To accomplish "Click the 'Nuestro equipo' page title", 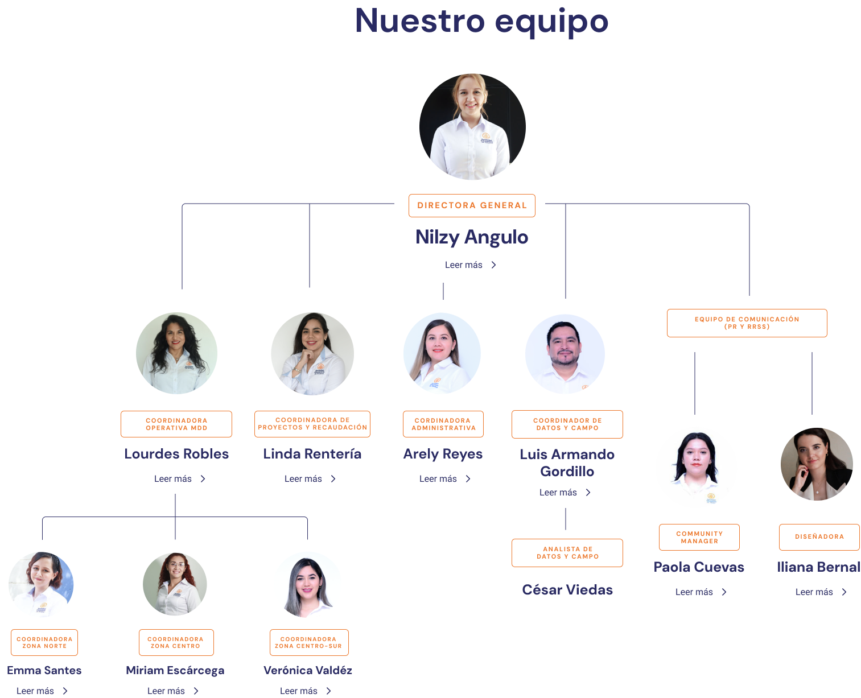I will (x=481, y=22).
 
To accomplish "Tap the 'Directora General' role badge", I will (x=472, y=205).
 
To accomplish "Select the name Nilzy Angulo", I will (x=472, y=237).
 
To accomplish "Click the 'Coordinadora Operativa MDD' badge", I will (x=176, y=424).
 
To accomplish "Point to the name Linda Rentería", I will (x=312, y=454).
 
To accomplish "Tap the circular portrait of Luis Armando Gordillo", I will (x=565, y=354).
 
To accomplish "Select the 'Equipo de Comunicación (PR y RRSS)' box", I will (x=747, y=323).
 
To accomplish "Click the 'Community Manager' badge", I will (x=699, y=538).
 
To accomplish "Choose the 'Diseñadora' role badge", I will (x=819, y=537).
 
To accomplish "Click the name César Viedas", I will (x=567, y=590).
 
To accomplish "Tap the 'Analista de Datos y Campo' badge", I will (x=567, y=553).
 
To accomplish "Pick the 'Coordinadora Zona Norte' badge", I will (x=44, y=643).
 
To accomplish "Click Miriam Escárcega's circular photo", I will (x=175, y=584).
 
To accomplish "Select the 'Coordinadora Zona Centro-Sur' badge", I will (x=308, y=643).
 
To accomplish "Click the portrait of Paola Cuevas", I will (x=696, y=468).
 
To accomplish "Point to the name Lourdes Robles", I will (x=176, y=454).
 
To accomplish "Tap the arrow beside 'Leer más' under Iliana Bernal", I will (x=844, y=592).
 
